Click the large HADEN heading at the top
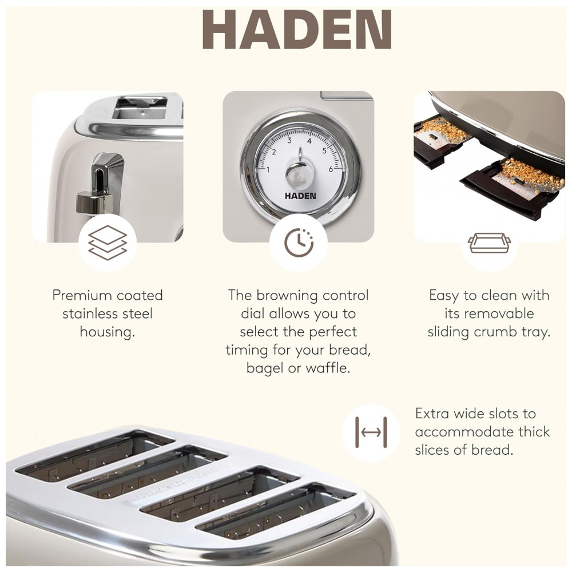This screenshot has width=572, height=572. point(297,30)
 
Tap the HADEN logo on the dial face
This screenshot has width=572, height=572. point(300,196)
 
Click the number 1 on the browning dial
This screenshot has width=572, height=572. point(268,170)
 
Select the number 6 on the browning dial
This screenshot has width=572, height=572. point(331,169)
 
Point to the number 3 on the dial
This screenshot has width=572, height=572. point(289,141)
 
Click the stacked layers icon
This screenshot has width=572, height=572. point(108,243)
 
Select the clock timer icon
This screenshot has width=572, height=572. point(299,243)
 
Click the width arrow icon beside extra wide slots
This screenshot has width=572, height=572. point(371,432)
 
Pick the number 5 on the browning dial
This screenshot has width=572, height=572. point(324,151)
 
